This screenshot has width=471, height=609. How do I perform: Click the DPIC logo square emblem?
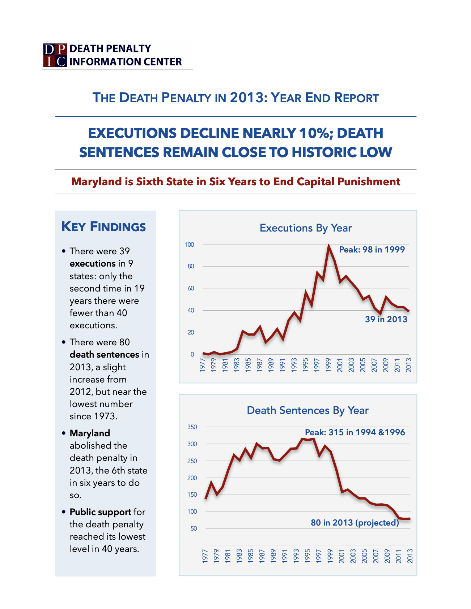point(55,55)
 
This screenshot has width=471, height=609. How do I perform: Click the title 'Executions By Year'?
point(305,228)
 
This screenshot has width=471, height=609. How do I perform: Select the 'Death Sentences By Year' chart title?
point(307,410)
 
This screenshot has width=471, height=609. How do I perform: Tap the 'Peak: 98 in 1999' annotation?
point(372,250)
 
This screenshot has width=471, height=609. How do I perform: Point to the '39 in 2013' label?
point(386,319)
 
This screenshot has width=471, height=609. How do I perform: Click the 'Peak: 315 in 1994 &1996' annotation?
point(355,432)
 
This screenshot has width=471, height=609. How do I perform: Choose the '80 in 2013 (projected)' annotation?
point(355,523)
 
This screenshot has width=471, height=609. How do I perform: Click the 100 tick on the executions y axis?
point(189,245)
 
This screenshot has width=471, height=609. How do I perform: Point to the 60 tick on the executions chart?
point(190,288)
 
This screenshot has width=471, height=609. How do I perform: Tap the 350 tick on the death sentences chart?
point(192,427)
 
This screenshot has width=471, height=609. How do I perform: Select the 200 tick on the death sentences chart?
point(192,478)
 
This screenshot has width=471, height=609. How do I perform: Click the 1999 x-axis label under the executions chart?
point(328,365)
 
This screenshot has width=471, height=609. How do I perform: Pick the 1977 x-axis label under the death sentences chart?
point(205,556)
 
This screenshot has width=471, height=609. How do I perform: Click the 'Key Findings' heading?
point(103,227)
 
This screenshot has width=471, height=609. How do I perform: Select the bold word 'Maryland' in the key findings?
point(90,433)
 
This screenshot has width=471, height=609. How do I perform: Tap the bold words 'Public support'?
point(100,512)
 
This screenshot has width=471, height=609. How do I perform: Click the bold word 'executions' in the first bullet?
point(92,263)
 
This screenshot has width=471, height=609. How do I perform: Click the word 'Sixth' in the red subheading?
point(149,181)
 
